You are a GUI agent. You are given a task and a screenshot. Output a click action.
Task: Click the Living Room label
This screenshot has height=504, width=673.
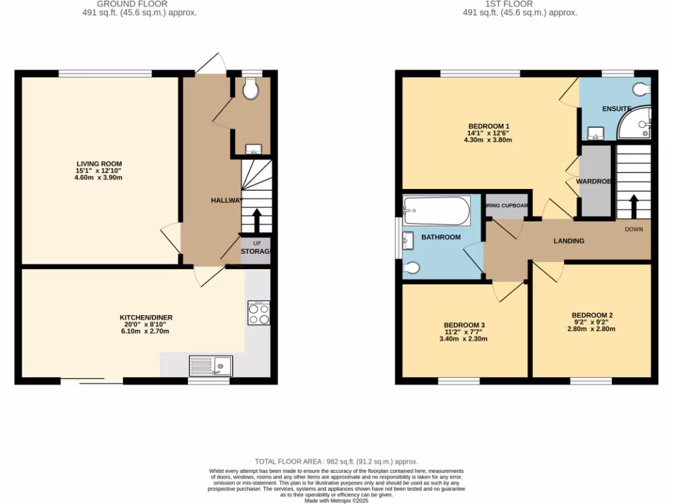pyautogui.click(x=99, y=164)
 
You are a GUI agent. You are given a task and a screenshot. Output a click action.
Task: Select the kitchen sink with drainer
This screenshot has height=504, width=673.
pyautogui.click(x=210, y=365)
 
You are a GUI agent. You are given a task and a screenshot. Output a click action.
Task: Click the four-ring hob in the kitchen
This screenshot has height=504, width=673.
pyautogui.click(x=259, y=313)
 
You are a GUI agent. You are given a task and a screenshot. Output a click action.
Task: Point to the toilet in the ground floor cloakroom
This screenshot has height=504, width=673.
pyautogui.click(x=250, y=89)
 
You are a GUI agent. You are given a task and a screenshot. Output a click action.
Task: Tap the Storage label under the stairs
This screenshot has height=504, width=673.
pyautogui.click(x=256, y=251)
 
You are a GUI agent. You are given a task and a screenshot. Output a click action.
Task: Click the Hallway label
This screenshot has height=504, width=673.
pyautogui.click(x=227, y=200)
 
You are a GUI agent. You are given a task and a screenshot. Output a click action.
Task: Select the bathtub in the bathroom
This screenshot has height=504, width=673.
pyautogui.click(x=436, y=211)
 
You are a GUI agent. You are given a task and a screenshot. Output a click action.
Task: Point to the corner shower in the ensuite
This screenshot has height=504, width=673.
pyautogui.click(x=635, y=124)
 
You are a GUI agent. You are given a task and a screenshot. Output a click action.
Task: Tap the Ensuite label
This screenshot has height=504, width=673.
pyautogui.click(x=616, y=109)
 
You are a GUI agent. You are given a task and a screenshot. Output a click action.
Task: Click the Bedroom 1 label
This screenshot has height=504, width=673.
pyautogui.click(x=488, y=126)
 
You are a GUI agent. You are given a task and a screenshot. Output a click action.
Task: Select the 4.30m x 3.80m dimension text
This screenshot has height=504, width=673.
pyautogui.click(x=488, y=140)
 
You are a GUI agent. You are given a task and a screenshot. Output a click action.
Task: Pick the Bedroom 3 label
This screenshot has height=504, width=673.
pyautogui.click(x=464, y=325)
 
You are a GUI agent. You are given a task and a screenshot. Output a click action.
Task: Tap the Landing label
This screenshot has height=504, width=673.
pyautogui.click(x=569, y=241)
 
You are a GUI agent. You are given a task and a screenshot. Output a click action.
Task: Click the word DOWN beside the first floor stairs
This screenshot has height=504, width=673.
pyautogui.click(x=634, y=229)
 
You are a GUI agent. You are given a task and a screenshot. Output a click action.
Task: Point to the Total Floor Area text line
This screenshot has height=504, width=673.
pyautogui.click(x=336, y=462)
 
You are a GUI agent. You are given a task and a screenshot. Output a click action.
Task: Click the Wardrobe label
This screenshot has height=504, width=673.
pyautogui.click(x=594, y=181)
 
